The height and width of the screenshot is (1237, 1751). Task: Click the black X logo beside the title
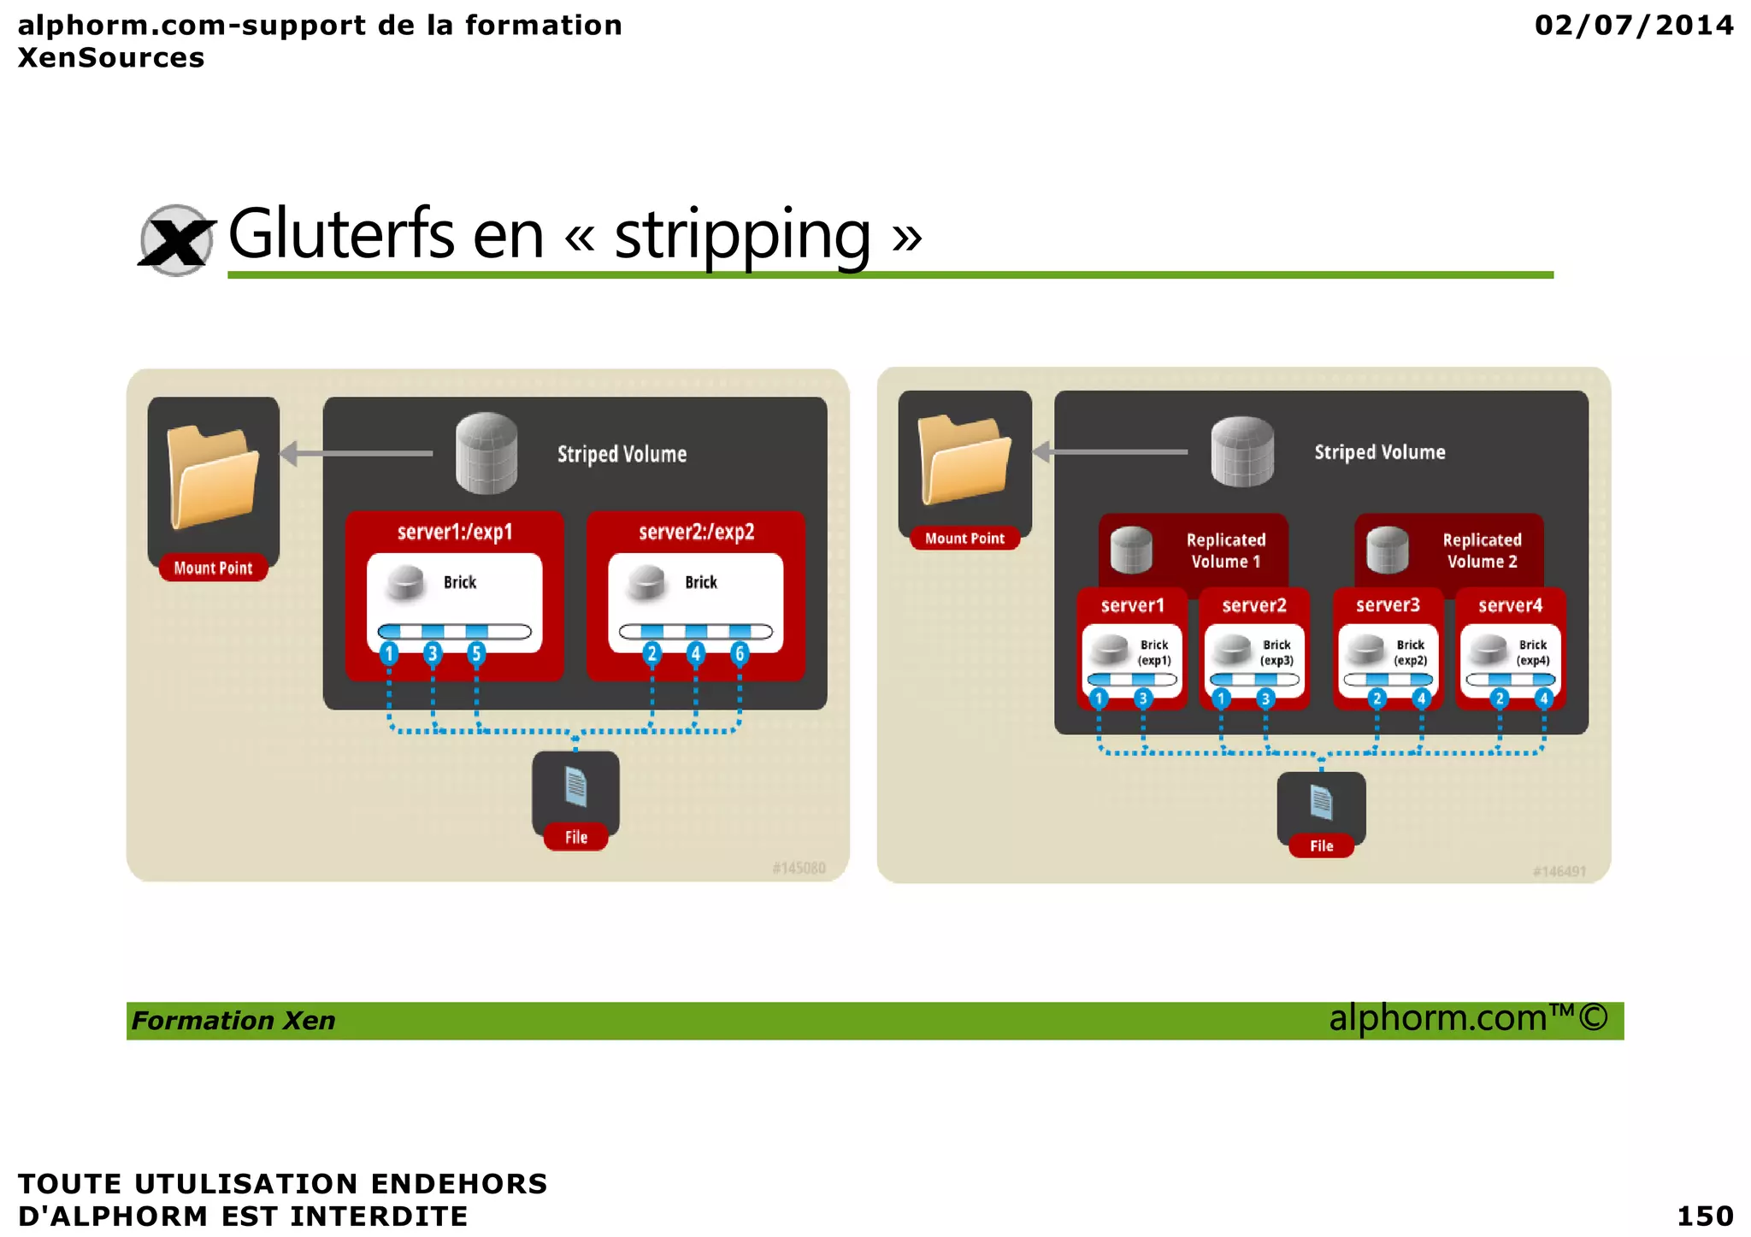pos(176,240)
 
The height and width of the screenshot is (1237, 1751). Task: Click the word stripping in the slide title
pos(742,234)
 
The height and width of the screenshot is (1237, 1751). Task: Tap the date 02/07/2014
pos(1634,25)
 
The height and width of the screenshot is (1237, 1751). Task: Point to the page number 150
pos(1705,1215)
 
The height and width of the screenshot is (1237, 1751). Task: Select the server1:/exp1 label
pos(455,532)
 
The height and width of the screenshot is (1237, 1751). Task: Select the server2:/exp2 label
pos(696,532)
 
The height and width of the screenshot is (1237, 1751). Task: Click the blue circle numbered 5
pos(476,654)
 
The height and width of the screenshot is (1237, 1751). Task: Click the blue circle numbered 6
pos(740,654)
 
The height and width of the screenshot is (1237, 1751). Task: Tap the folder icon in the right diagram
pos(964,459)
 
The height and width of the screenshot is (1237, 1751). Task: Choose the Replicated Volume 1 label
pos(1225,551)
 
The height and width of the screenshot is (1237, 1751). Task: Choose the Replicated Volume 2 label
pos(1482,551)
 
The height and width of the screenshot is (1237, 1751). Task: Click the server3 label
pos(1388,605)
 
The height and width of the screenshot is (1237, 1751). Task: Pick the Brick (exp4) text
pos(1532,652)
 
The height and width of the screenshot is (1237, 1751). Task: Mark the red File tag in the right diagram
pos(1321,845)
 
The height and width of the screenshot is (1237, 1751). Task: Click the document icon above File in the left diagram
pos(575,786)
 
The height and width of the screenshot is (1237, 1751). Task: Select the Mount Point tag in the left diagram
pos(213,568)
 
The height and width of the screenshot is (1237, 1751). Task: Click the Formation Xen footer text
pos(233,1021)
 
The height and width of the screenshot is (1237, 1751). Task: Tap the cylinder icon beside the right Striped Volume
pos(1242,451)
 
